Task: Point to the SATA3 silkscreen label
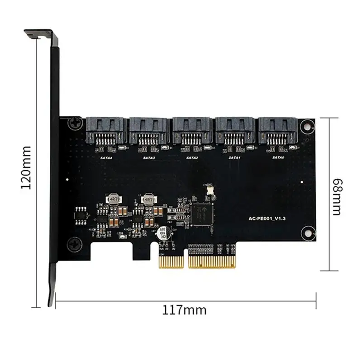[149, 157]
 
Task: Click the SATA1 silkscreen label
[234, 157]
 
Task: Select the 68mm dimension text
[337, 197]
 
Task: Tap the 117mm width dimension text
[184, 310]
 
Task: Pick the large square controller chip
[203, 214]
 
